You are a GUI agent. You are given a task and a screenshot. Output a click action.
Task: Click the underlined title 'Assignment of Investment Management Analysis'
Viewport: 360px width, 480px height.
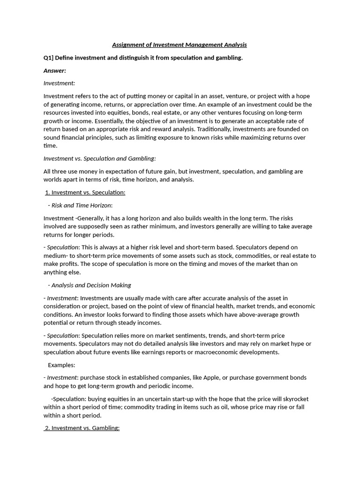(x=179, y=45)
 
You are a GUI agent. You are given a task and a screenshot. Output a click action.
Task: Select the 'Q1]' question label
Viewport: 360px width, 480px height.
(x=49, y=58)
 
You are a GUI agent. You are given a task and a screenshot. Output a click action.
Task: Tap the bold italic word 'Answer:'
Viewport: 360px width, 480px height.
(x=55, y=71)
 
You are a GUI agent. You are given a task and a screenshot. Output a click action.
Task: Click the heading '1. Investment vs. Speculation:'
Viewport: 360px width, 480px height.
(x=85, y=193)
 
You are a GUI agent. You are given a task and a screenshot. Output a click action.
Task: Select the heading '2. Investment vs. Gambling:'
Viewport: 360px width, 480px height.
(x=82, y=428)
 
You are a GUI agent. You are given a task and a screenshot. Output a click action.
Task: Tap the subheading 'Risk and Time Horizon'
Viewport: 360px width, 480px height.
(x=81, y=205)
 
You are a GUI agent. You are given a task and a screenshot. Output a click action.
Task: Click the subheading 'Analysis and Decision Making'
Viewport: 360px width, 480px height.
(x=91, y=285)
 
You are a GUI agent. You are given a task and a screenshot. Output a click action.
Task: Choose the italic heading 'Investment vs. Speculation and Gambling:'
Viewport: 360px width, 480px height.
(x=99, y=159)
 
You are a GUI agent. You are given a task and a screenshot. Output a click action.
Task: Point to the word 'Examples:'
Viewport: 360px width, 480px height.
(x=61, y=365)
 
